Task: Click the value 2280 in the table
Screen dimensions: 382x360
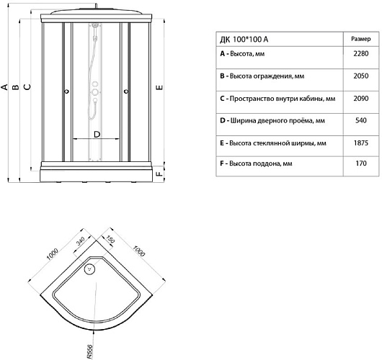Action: [x=361, y=53]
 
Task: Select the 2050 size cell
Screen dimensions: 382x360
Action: [x=361, y=76]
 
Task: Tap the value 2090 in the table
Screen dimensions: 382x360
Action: [x=361, y=99]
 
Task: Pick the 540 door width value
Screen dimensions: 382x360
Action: [x=361, y=120]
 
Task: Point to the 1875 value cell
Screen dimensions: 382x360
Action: [x=361, y=143]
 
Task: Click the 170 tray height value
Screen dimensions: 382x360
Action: [x=361, y=163]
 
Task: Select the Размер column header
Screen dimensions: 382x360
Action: [x=361, y=39]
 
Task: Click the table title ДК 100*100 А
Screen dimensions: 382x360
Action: [x=244, y=40]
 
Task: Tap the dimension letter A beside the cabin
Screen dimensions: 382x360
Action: [x=4, y=87]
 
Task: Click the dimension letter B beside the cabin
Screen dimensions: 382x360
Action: [x=16, y=87]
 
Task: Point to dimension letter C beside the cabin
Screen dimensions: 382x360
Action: [x=28, y=87]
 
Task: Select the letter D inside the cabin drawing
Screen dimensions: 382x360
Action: [x=97, y=134]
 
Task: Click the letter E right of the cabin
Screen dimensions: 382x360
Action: [x=159, y=87]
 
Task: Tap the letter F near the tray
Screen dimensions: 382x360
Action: [x=159, y=174]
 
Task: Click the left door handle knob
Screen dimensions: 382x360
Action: [x=66, y=91]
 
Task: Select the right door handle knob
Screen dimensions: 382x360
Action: [x=126, y=91]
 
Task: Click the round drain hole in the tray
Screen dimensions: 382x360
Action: [x=89, y=269]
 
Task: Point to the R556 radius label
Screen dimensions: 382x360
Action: [x=90, y=351]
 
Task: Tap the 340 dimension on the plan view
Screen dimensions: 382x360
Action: [x=80, y=241]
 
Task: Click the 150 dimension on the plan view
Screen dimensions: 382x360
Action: [x=110, y=239]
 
